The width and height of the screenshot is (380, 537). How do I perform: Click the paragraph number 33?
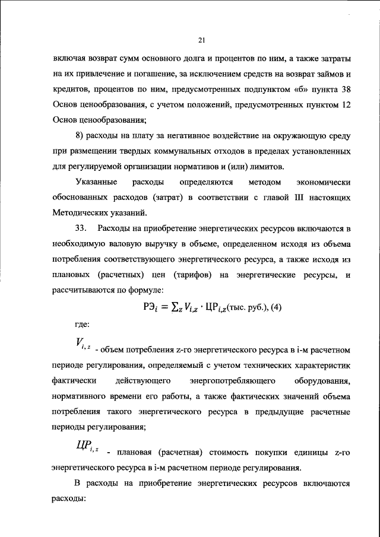pyautogui.click(x=83, y=228)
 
